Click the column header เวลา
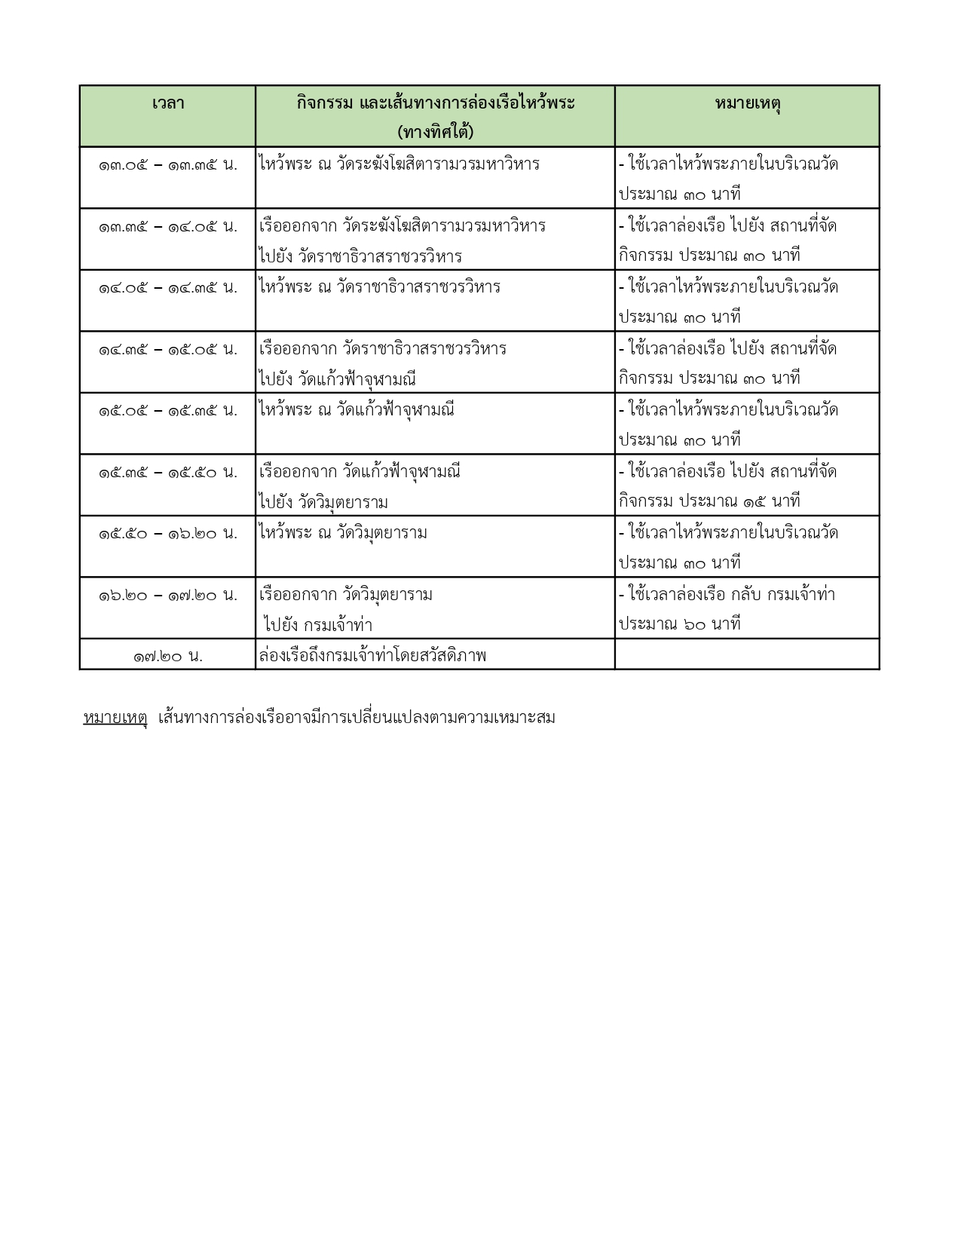[x=167, y=103]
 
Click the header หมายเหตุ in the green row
[x=747, y=103]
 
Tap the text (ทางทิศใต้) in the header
[x=435, y=133]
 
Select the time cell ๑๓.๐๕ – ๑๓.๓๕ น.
[x=167, y=164]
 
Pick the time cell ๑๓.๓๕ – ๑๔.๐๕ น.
[x=167, y=226]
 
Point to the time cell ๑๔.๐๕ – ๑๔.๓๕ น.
[x=167, y=288]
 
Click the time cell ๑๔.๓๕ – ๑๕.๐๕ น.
[x=167, y=349]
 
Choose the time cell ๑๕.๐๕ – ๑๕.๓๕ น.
[x=167, y=411]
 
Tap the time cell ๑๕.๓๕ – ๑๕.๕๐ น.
[x=167, y=473]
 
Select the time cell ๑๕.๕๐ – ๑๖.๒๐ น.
[x=167, y=534]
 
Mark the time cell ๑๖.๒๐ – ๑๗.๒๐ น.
[x=167, y=596]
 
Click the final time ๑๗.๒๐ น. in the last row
[x=167, y=657]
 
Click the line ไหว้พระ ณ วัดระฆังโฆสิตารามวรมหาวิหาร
[x=399, y=164]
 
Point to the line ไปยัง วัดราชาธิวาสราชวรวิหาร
[x=360, y=256]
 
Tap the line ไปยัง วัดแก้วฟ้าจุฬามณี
[x=337, y=379]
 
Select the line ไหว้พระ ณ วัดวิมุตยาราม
[x=343, y=533]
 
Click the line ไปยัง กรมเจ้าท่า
[x=318, y=626]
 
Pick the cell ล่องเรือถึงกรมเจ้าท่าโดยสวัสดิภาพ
[x=372, y=656]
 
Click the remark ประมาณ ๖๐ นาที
[x=679, y=624]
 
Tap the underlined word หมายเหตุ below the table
[x=115, y=718]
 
